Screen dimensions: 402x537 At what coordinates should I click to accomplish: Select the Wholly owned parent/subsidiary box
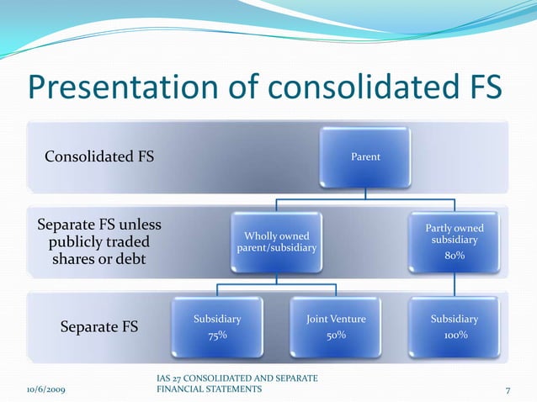coord(277,241)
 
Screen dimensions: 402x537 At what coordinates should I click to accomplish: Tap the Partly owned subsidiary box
coord(455,241)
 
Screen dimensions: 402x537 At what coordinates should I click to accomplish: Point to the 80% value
coord(455,256)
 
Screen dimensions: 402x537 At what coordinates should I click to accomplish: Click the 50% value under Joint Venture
coord(336,336)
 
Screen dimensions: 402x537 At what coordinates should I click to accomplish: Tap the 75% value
coord(217,336)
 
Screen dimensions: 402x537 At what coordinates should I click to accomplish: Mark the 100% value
coord(455,336)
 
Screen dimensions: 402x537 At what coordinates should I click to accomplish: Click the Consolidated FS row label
coord(99,156)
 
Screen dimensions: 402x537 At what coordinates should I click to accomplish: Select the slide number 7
coord(508,389)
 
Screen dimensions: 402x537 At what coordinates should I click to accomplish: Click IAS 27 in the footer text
coord(172,379)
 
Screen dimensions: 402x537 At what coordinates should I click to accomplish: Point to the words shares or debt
coord(99,260)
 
